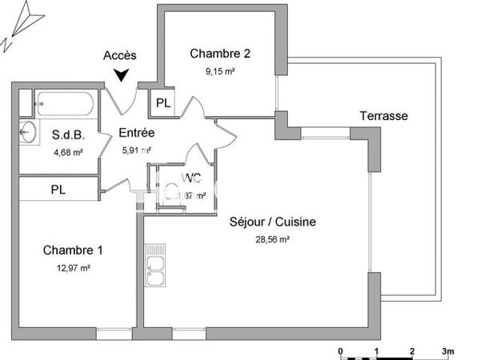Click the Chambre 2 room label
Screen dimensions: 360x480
220,54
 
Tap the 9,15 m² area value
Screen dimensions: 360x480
220,70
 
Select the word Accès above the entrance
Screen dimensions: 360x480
120,55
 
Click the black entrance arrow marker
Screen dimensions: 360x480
121,75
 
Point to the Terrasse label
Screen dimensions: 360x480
383,116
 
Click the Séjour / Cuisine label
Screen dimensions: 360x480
266,222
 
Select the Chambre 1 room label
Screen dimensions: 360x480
73,250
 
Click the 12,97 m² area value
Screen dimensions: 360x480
73,268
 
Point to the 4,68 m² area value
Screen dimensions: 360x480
68,152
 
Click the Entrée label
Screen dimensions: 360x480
137,133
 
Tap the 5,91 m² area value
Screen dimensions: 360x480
137,149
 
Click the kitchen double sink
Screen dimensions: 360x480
155,270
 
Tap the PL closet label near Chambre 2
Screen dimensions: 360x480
163,102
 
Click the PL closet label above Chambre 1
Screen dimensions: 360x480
58,190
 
